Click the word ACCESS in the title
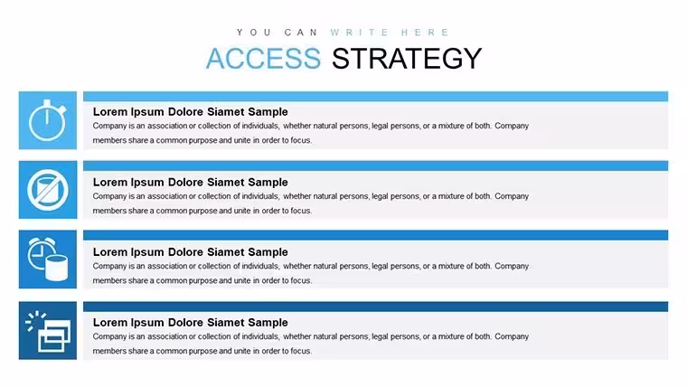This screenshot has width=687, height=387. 263,58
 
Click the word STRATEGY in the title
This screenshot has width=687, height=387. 407,58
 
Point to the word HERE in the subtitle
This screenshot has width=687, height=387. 425,33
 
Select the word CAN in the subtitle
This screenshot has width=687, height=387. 301,33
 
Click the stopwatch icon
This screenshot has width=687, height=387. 47,120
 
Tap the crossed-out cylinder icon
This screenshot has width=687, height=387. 48,190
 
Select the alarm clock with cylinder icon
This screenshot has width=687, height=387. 47,260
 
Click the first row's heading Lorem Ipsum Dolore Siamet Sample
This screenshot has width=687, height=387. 190,112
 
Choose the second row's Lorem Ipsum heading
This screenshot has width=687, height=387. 190,183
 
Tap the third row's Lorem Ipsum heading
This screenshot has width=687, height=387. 190,252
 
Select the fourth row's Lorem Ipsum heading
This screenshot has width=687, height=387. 190,323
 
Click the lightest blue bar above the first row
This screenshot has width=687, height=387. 375,97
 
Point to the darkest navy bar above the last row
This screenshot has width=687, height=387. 375,307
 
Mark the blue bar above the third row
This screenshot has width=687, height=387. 375,235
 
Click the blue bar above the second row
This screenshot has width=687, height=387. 375,165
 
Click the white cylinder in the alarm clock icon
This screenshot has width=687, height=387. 57,269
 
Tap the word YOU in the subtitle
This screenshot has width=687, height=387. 254,33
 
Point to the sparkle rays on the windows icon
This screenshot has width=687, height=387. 34,320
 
